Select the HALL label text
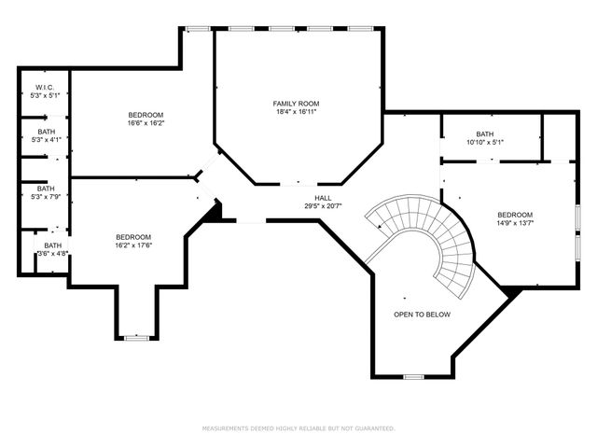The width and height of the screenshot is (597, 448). point(323,197)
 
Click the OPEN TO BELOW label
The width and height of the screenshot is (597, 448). point(422,315)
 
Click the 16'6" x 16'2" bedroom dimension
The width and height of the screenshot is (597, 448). point(146,122)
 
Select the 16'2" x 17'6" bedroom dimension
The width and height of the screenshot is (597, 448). point(133,245)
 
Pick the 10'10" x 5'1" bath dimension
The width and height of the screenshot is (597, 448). point(484,142)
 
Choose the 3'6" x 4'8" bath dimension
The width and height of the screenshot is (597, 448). point(52,253)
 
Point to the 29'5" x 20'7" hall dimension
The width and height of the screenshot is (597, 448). point(323,205)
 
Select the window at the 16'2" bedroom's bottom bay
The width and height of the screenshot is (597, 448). point(136,336)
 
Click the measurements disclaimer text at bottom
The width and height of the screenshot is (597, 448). point(298,428)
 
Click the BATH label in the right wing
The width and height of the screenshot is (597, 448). point(484,133)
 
